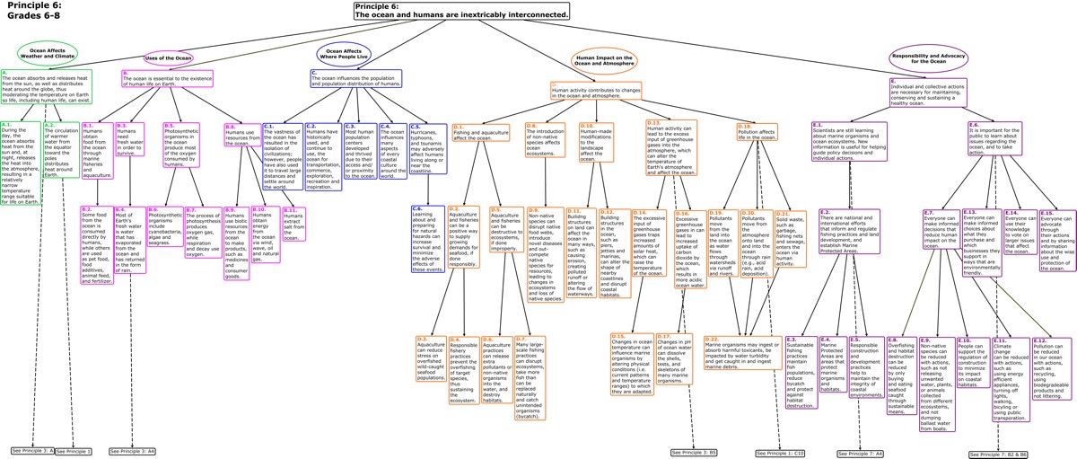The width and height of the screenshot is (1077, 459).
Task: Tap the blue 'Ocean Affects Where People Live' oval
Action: [x=344, y=55]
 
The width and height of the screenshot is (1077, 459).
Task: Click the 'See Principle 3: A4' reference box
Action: [x=133, y=450]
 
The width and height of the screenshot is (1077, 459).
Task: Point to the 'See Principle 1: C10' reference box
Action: [x=780, y=454]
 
